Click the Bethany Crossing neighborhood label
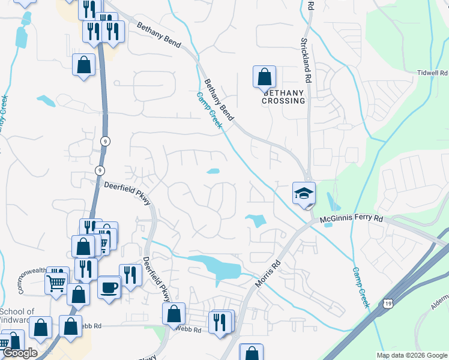pos(283,97)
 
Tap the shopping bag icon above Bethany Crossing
pos(264,77)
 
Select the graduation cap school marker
pos(304,193)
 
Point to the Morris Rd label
pos(268,273)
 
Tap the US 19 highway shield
pos(388,305)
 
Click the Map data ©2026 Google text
pos(412,355)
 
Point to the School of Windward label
pos(17,316)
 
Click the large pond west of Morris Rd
pos(214,267)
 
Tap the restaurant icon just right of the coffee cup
pos(130,275)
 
